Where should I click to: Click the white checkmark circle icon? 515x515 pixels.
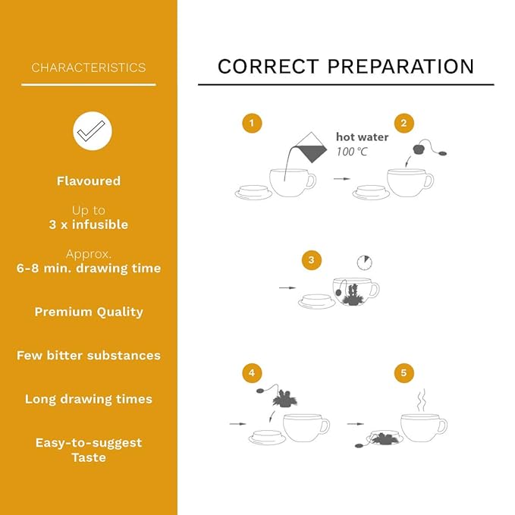click(x=93, y=131)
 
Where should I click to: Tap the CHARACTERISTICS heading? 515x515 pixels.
click(x=89, y=68)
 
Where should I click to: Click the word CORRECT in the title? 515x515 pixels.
click(x=268, y=66)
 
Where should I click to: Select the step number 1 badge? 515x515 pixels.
click(x=252, y=123)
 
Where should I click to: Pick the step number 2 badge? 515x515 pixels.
click(x=404, y=123)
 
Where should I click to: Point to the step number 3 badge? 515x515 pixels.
click(x=312, y=260)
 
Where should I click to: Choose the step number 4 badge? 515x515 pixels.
click(x=252, y=372)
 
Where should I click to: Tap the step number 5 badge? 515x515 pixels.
click(x=404, y=372)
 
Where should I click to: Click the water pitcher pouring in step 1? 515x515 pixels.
click(x=311, y=148)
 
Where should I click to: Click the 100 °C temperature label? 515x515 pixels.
click(x=351, y=152)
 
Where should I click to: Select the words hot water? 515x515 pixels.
click(x=362, y=137)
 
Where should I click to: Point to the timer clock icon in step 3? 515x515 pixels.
click(x=365, y=262)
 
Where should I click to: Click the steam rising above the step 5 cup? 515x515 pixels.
click(x=422, y=400)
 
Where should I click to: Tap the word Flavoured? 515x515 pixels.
click(x=89, y=181)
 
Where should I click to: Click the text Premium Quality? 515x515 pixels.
click(x=89, y=312)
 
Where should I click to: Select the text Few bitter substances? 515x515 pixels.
click(x=89, y=356)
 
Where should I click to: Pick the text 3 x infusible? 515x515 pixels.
click(x=89, y=225)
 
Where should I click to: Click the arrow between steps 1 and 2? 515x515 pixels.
click(x=342, y=179)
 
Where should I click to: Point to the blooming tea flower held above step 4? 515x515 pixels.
click(x=284, y=398)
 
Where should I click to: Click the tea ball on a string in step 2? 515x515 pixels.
click(x=419, y=149)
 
